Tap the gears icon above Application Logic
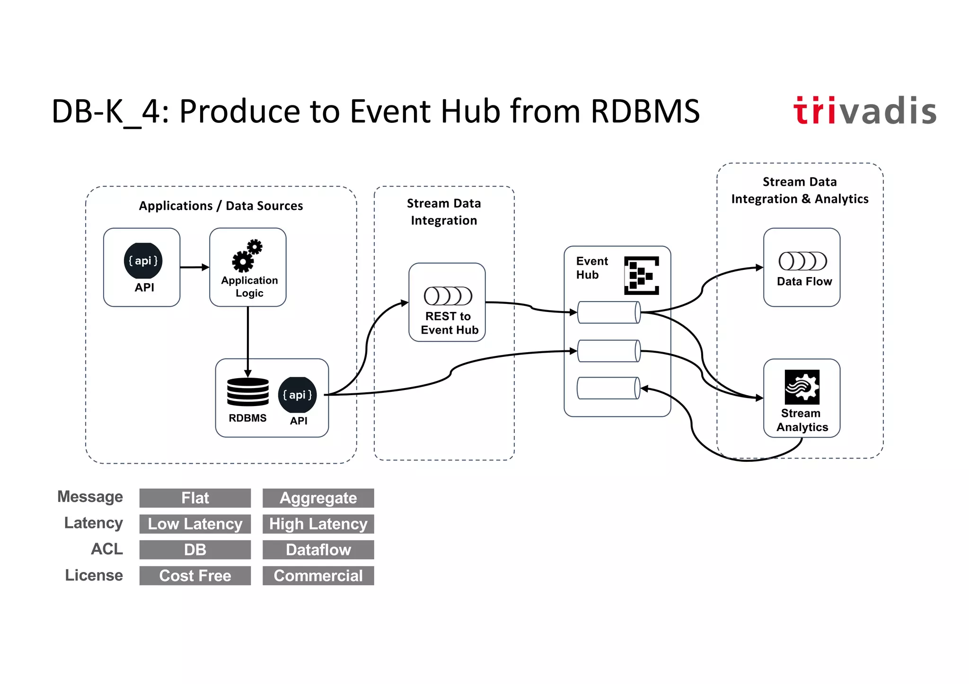pos(247,255)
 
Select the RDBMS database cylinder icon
pos(247,391)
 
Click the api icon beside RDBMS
pos(297,395)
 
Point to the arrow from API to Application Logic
pos(194,267)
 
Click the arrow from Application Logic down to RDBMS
pos(247,340)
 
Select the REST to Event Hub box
pos(447,303)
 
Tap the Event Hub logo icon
pos(641,275)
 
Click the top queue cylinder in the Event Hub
pos(609,312)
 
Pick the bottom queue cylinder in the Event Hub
pos(608,388)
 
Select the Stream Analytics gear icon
pos(802,387)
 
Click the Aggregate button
pos(318,498)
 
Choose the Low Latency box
pos(195,524)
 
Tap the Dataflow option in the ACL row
pos(318,550)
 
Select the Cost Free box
pos(195,576)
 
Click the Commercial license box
pos(318,576)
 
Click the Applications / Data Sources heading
pos(220,206)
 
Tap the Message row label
pos(90,497)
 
